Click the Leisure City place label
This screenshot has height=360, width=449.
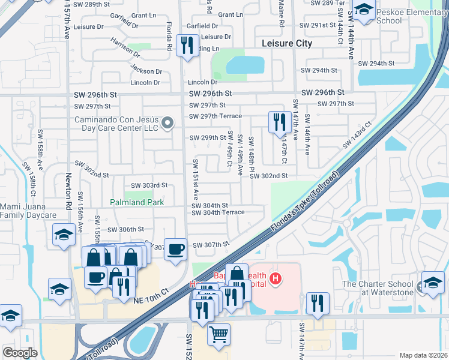(x=288, y=43)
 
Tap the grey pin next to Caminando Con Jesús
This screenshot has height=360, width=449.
(x=168, y=124)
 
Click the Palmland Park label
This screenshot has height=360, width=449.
(x=136, y=203)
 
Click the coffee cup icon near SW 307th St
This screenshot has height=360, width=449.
(x=175, y=250)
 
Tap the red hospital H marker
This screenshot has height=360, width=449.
(x=276, y=278)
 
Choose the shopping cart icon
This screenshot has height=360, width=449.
(x=218, y=334)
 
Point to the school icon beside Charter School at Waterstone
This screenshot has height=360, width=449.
(x=433, y=283)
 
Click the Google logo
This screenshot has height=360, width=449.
(x=20, y=352)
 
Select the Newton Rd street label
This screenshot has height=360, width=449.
(x=68, y=187)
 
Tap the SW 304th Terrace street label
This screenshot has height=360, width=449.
(x=218, y=212)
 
